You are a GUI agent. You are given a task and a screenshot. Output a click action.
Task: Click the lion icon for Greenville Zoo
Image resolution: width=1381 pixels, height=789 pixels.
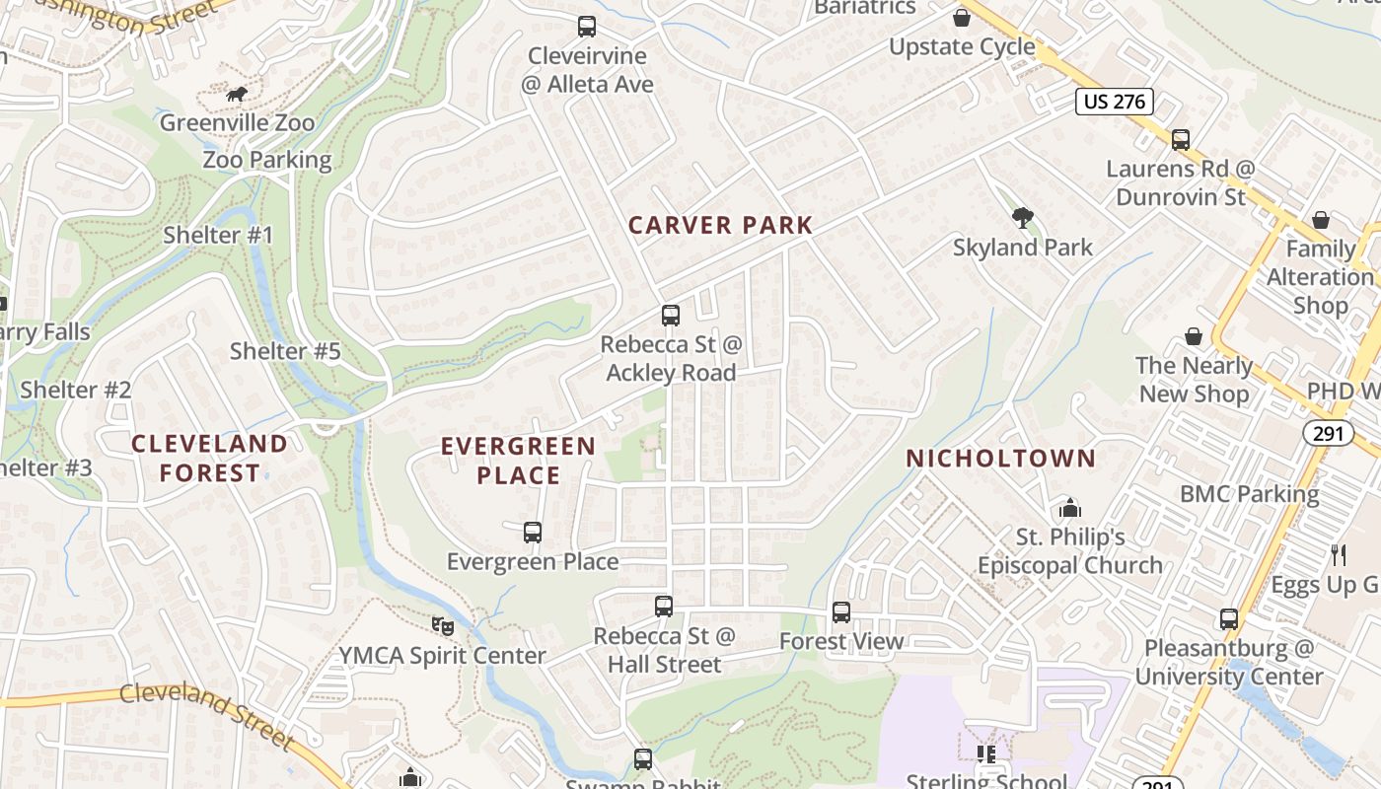(237, 95)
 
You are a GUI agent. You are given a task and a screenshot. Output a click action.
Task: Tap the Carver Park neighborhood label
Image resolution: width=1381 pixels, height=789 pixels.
(720, 225)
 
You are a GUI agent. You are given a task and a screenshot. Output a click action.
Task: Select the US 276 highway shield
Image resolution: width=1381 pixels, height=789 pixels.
(1115, 102)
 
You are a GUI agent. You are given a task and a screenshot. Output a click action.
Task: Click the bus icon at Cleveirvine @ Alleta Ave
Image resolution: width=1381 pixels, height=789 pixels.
(587, 27)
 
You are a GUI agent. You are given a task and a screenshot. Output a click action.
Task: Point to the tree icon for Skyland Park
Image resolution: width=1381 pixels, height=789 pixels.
(1023, 218)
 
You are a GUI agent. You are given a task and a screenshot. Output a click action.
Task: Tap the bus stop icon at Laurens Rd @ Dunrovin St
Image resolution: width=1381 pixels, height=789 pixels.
(1181, 140)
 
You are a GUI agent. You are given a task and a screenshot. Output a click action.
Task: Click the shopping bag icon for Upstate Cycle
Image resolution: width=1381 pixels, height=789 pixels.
(962, 18)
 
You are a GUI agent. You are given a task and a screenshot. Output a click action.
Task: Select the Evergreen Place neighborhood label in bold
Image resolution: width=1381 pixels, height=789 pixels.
(518, 461)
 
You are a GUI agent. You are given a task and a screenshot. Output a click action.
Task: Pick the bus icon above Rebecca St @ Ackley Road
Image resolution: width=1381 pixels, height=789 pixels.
(671, 316)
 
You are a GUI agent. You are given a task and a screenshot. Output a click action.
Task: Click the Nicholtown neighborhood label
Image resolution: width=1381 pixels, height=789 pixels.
(1000, 459)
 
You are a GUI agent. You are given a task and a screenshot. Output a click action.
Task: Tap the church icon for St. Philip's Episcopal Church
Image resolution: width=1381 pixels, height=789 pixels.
(1069, 509)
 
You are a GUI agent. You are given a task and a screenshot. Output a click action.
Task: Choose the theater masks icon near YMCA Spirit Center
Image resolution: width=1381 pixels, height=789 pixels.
(443, 625)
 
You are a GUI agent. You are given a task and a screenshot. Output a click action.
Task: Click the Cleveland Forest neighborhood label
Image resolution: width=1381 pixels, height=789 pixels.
(209, 459)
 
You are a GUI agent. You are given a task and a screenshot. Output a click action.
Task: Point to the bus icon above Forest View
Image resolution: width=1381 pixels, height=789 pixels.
(841, 612)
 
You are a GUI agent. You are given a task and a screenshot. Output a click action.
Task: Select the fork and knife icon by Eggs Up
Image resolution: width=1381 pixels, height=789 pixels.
(1339, 555)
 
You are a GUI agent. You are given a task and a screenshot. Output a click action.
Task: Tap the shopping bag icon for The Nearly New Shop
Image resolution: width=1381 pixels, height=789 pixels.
(1194, 337)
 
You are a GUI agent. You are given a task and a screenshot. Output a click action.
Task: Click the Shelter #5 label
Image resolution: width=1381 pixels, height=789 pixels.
(285, 351)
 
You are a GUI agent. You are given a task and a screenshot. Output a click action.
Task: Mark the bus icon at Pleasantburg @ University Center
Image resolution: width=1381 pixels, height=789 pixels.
(1229, 619)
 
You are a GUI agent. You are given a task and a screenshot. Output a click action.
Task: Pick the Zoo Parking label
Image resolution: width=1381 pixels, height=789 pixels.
(267, 160)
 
